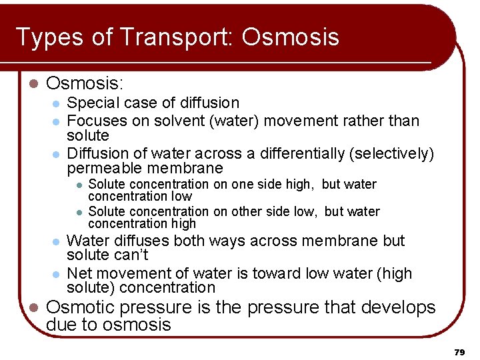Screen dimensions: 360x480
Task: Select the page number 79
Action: point(459,351)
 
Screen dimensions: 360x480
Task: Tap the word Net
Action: point(80,273)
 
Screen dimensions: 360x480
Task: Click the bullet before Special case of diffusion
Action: point(57,103)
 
